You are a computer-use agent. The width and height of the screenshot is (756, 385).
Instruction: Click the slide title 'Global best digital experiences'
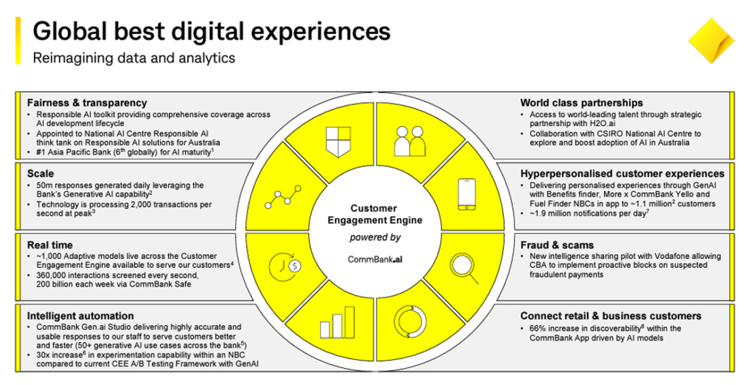point(212,31)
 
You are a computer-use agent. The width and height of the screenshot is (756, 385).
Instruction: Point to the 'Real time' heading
point(49,245)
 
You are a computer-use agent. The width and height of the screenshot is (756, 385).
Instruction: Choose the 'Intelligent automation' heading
point(80,316)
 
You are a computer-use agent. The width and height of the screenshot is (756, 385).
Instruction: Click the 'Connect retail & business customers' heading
point(611,316)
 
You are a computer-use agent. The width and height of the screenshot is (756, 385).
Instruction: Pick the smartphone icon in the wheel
point(467,194)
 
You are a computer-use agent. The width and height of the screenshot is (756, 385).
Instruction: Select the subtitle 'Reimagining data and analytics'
point(134,58)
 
